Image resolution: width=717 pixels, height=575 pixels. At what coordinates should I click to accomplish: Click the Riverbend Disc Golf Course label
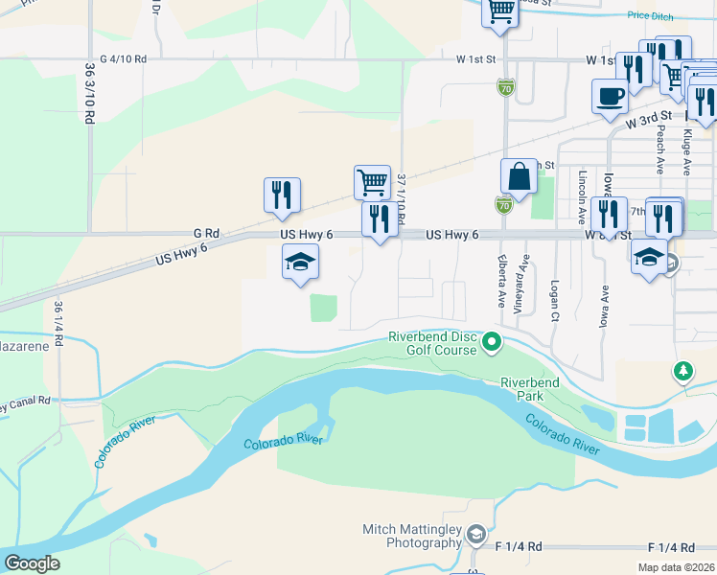432,343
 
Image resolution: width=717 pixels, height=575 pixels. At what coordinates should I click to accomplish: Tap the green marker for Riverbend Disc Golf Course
492,341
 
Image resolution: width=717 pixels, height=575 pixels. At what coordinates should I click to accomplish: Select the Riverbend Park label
529,388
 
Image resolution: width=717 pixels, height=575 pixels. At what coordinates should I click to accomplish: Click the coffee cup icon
610,96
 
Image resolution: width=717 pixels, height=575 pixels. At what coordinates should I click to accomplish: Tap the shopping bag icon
519,176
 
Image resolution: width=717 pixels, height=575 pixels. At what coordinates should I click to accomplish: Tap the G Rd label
206,233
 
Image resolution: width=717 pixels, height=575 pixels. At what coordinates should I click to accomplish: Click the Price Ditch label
651,15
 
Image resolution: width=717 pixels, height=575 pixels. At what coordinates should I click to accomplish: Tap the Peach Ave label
660,150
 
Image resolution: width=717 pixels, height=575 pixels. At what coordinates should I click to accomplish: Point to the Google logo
33,563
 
